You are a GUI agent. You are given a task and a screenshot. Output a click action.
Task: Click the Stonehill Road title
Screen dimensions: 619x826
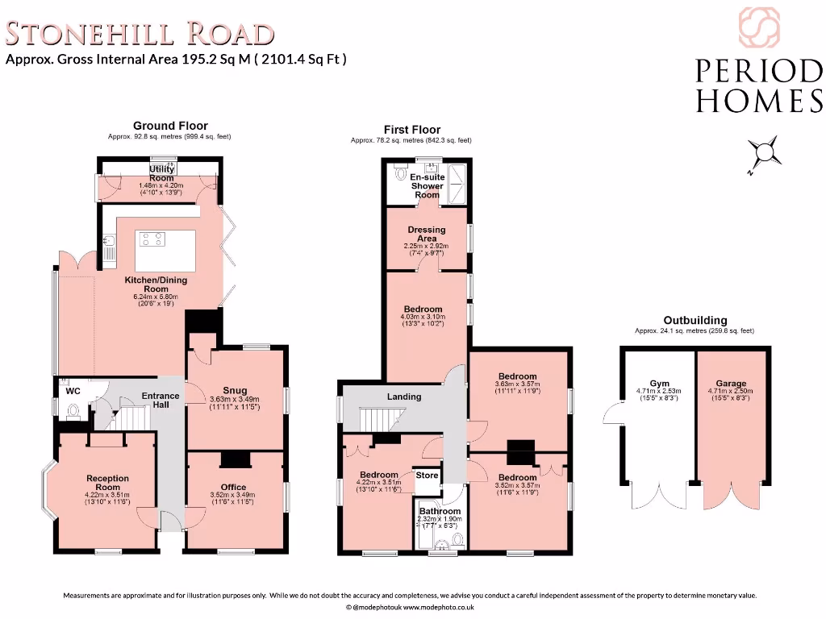pos(140,34)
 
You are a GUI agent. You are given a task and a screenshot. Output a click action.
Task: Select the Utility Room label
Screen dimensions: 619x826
pos(161,173)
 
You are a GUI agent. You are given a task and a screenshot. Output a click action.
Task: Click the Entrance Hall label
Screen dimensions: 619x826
pos(161,400)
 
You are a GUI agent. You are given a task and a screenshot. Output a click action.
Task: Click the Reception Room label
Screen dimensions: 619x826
pos(107,483)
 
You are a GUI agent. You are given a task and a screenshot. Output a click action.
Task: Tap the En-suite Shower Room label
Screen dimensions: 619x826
pos(427,185)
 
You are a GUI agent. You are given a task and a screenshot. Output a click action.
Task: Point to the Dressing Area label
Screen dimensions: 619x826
pos(427,235)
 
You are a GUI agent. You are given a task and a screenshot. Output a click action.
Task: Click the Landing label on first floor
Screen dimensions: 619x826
pos(404,396)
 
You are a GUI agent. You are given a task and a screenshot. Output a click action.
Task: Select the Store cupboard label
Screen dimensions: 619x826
pos(427,476)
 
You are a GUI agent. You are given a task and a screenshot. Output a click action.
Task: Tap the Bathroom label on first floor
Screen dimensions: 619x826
pos(440,511)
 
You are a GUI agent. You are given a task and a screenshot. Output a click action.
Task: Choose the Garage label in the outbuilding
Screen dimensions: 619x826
pos(731,384)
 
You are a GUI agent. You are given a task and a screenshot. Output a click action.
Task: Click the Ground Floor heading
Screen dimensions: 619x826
pos(170,126)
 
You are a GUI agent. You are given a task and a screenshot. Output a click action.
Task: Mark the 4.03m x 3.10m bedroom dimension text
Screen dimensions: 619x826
pos(423,318)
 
